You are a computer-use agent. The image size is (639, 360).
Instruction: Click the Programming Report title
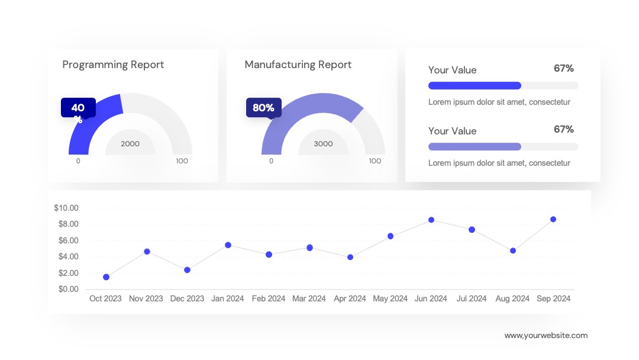pos(113,65)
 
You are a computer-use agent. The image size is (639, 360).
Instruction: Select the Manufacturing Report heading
pos(298,65)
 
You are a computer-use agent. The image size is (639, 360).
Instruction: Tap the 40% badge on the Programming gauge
pos(78,108)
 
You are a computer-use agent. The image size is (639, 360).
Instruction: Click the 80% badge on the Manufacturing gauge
pos(264,108)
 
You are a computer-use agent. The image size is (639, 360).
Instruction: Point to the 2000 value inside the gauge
pos(130,144)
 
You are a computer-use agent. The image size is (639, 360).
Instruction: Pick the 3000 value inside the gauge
pos(323,144)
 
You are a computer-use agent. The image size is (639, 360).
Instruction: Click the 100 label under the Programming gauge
pos(182,161)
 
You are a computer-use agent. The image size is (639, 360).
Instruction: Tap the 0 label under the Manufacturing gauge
pos(272,161)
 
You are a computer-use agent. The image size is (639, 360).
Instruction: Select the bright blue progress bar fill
pos(475,86)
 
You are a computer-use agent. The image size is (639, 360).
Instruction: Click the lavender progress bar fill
pos(475,147)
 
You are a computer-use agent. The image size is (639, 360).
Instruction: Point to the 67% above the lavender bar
pos(564,129)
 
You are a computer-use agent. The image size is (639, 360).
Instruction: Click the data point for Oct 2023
pos(106,277)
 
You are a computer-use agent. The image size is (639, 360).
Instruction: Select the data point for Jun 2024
pos(431,220)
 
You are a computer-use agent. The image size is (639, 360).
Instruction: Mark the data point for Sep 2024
pos(553,219)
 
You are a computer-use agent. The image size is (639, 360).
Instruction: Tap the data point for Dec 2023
pos(187,270)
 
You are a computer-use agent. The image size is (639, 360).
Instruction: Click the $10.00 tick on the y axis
pos(66,208)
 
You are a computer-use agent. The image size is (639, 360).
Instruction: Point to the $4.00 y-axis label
pos(69,256)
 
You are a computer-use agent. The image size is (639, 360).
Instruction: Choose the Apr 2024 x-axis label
pos(350,299)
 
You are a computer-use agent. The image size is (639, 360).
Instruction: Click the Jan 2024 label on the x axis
pos(227,299)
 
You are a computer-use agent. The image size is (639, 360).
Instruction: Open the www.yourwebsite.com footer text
pos(546,336)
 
